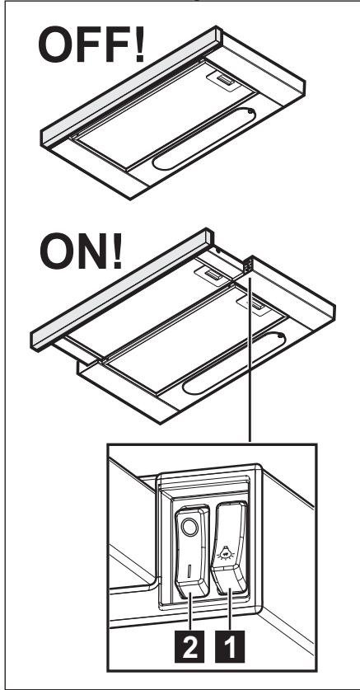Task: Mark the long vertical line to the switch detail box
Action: coord(248,371)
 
